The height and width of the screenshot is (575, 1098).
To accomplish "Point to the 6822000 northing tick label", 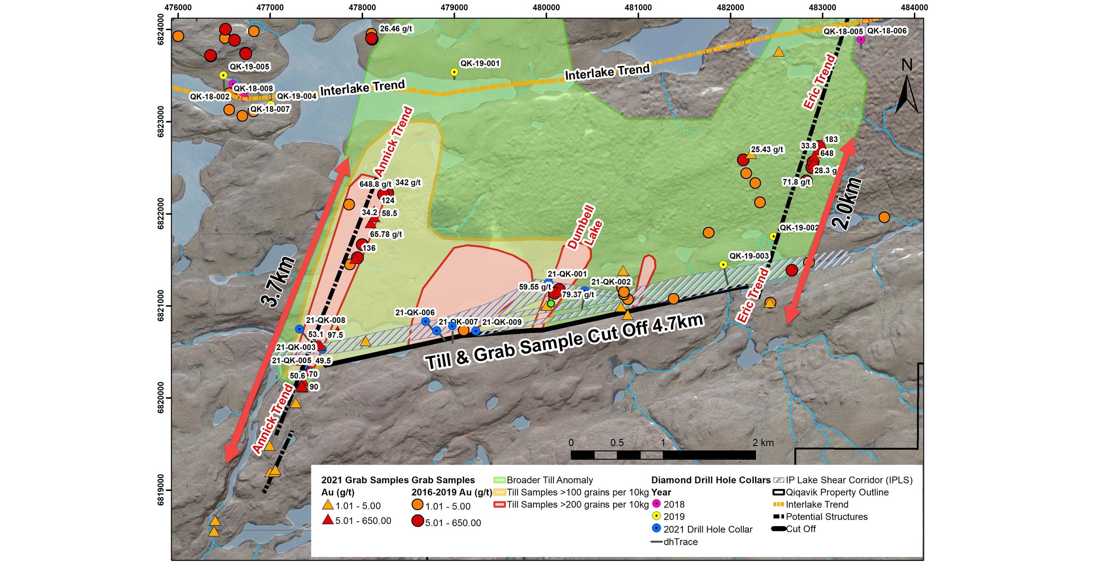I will [161, 213].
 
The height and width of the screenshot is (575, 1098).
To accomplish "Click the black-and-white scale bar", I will [663, 455].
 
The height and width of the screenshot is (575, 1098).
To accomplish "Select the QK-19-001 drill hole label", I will [479, 63].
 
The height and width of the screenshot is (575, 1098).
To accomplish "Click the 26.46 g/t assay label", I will [396, 29].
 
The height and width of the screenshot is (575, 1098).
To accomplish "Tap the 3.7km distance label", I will [278, 282].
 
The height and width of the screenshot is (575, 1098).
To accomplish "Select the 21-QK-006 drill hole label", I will [415, 312].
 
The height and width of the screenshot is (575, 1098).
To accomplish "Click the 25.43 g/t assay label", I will [767, 150].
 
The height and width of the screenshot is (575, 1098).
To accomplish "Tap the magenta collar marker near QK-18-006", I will [861, 39].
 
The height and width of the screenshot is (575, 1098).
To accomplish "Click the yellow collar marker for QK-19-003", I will [723, 265].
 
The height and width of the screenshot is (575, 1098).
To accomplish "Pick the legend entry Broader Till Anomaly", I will [549, 480].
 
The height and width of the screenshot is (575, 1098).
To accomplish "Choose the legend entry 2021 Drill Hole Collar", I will [708, 529].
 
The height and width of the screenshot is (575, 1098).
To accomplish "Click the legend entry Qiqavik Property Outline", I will [837, 492].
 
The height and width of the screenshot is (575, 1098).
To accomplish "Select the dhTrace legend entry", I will [680, 542].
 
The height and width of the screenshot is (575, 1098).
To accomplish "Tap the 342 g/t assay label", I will [408, 183].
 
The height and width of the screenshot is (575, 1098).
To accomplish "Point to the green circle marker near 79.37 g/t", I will [551, 303].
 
